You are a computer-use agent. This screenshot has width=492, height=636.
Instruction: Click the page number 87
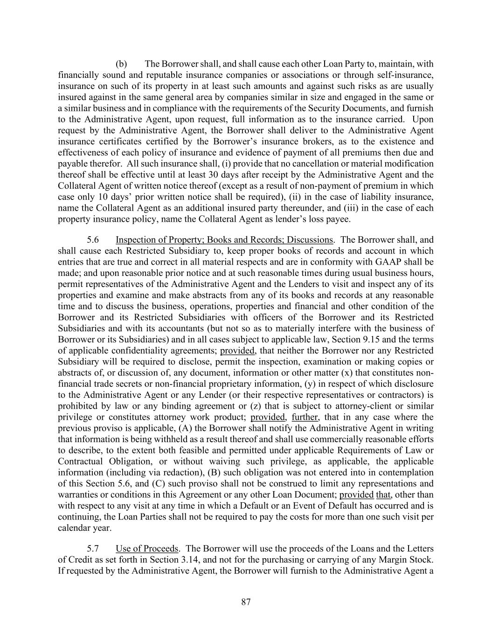pyautogui.click(x=246, y=602)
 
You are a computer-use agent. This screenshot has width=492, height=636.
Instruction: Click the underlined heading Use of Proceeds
pyautogui.click(x=147, y=548)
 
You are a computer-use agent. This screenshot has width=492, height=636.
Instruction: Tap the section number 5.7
pyautogui.click(x=94, y=548)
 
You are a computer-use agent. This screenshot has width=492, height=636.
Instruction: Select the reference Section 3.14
pyautogui.click(x=159, y=560)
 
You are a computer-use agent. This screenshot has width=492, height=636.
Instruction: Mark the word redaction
pyautogui.click(x=144, y=472)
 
